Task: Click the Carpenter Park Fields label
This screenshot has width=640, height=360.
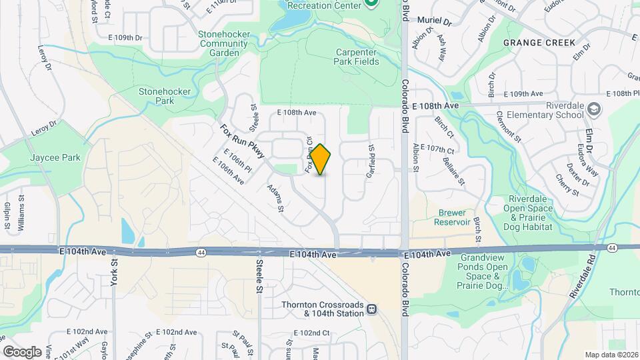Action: pos(357,57)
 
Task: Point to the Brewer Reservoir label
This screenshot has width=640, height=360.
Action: pos(453,217)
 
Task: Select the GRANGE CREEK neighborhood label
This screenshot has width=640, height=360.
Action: pos(539,43)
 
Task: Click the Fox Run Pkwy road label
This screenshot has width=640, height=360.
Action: pos(243,141)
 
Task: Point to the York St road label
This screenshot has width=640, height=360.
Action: pos(114,273)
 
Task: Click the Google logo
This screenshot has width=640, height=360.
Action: pos(22,351)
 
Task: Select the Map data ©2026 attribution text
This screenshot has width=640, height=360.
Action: pos(611,355)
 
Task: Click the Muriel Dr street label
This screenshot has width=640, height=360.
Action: pos(435,21)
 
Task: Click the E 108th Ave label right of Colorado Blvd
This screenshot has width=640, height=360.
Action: pos(436,106)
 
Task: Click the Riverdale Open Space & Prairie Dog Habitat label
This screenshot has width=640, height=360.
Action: pos(531,213)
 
